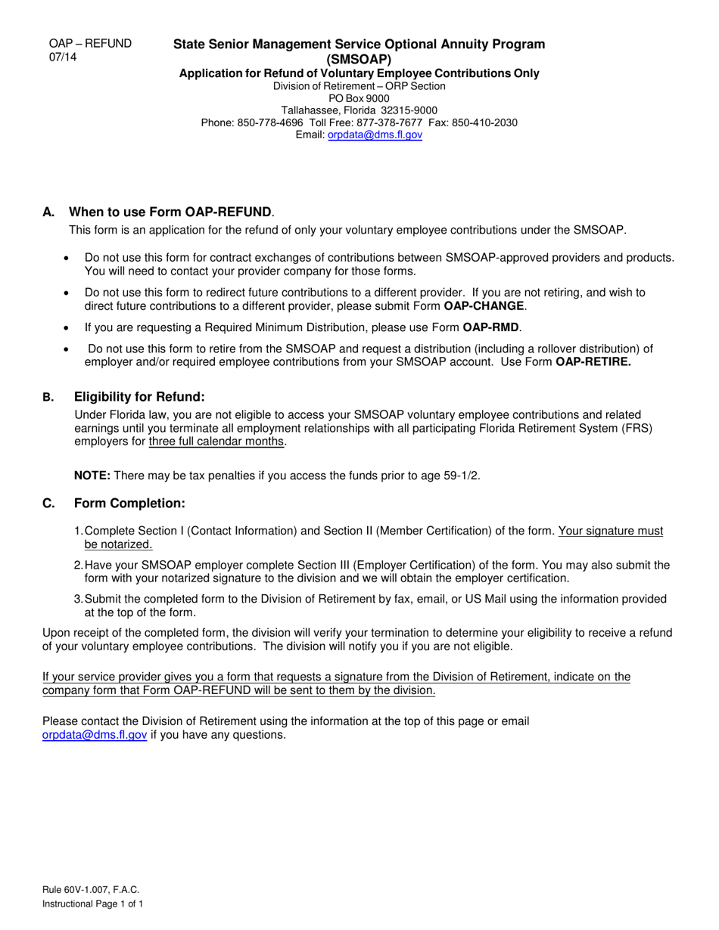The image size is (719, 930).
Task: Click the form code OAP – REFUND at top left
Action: [90, 44]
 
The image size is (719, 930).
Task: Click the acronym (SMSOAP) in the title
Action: [359, 59]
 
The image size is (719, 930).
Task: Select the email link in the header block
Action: [375, 135]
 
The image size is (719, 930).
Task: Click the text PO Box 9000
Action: [359, 98]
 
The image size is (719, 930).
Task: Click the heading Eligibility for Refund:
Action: [139, 397]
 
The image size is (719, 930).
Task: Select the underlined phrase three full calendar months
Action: [217, 442]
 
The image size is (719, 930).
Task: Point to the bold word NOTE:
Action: [92, 476]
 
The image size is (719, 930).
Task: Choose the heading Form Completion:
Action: [129, 504]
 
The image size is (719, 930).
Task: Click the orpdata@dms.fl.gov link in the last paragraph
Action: [95, 734]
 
